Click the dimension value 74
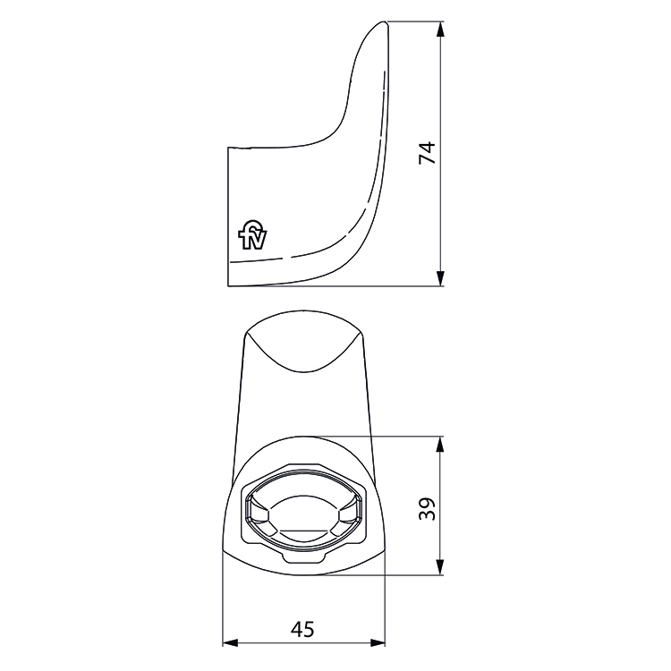coord(428,153)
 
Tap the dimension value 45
coord(303,630)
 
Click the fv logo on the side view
coord(252,236)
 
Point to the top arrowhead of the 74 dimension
coord(440,30)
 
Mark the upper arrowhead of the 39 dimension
coord(440,444)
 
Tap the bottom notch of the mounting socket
coord(302,557)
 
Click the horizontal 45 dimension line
coord(268,643)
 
